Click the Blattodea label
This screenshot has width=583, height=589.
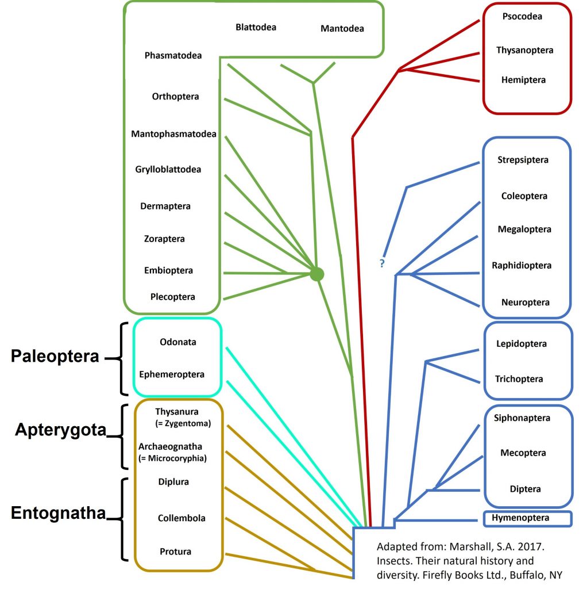pyautogui.click(x=256, y=28)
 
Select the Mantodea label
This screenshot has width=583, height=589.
pyautogui.click(x=342, y=28)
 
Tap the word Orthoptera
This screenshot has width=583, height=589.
pyautogui.click(x=175, y=97)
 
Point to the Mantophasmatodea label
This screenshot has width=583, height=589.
pyautogui.click(x=173, y=135)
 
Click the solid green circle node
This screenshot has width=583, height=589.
pyautogui.click(x=316, y=274)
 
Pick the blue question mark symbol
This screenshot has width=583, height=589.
pyautogui.click(x=382, y=263)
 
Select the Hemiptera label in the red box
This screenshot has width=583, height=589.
pyautogui.click(x=521, y=80)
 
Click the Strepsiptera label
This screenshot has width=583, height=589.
pyautogui.click(x=523, y=160)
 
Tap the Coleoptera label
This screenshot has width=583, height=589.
pyautogui.click(x=524, y=196)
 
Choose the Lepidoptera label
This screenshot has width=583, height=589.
pyautogui.click(x=520, y=344)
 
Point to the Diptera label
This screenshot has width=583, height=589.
pyautogui.click(x=525, y=489)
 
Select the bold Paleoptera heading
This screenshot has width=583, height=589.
pyautogui.click(x=55, y=357)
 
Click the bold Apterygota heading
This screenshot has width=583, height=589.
pyautogui.click(x=60, y=430)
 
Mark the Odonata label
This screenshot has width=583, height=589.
pyautogui.click(x=177, y=342)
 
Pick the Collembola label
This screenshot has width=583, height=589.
pyautogui.click(x=182, y=518)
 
